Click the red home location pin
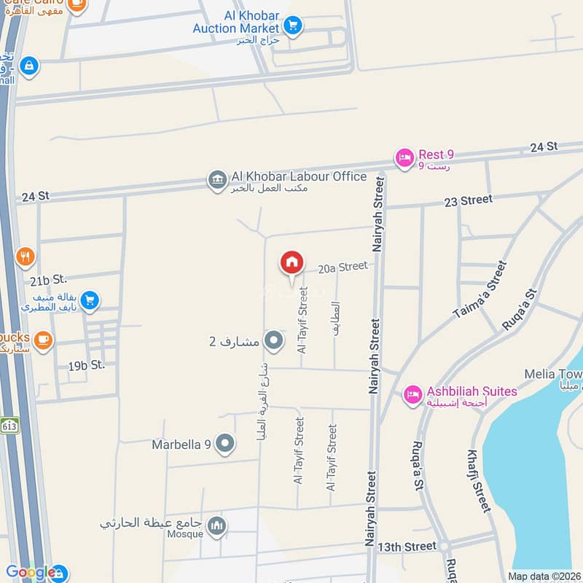click(291, 263)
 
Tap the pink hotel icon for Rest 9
click(404, 157)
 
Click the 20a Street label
click(343, 267)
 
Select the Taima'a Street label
click(479, 290)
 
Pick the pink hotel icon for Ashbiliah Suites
click(412, 394)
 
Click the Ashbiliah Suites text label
click(472, 391)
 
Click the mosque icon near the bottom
click(216, 526)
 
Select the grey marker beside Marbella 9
click(225, 443)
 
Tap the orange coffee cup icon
click(43, 340)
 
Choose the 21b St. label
click(49, 279)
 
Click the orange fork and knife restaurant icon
click(26, 257)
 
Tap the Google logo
click(31, 572)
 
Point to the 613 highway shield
click(9, 426)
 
